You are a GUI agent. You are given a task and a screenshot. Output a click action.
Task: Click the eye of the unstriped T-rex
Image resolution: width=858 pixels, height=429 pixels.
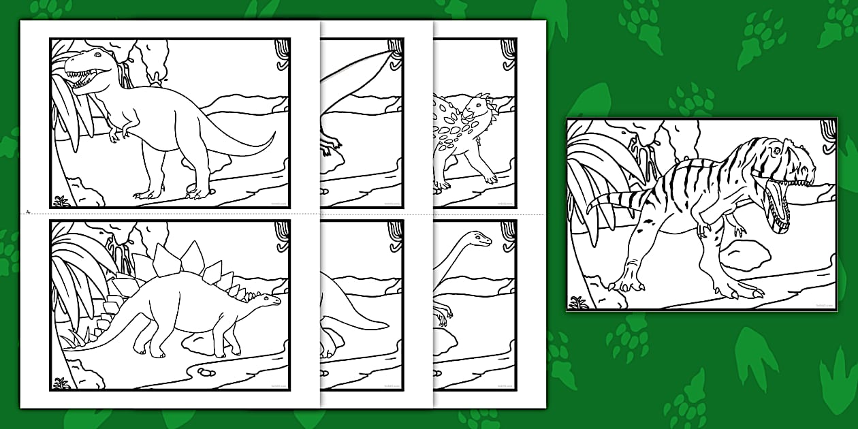[x=97, y=54]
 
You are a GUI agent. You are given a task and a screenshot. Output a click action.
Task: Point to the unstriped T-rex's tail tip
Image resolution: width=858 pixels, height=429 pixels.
[x=274, y=133]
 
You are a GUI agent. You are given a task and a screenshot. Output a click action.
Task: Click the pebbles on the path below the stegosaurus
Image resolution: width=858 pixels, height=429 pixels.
[x=205, y=372]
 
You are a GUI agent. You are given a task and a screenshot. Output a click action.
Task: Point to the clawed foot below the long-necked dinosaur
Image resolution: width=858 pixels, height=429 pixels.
[x=443, y=315]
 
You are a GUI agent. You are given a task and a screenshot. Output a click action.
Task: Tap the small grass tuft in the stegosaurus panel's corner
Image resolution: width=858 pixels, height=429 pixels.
[x=61, y=383]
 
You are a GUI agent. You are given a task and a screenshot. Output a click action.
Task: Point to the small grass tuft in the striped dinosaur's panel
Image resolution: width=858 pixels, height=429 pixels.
[x=579, y=302]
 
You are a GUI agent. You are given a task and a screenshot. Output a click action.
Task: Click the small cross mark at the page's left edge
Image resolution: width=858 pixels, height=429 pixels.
[x=28, y=211]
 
